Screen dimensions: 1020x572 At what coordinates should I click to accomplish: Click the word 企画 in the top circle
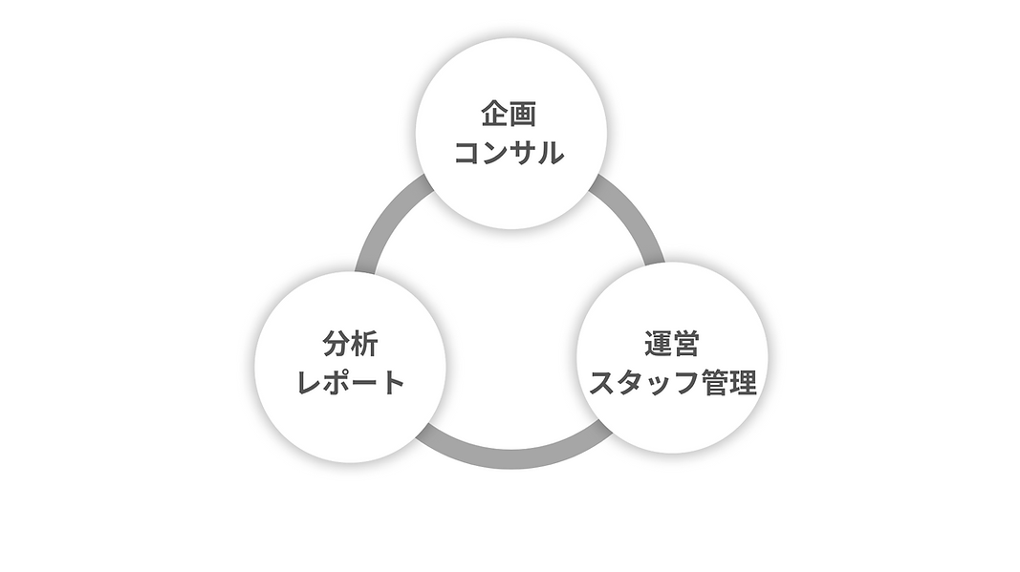click(x=509, y=116)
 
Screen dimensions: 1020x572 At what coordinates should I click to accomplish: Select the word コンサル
click(x=509, y=153)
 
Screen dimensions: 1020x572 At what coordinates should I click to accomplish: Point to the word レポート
click(x=351, y=383)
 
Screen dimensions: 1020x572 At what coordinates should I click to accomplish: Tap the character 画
click(x=523, y=116)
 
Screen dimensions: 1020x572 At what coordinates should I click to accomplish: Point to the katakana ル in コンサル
click(x=550, y=153)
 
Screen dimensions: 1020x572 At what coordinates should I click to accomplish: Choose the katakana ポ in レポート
click(x=337, y=383)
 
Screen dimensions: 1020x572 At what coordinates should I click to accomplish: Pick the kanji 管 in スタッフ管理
click(x=714, y=383)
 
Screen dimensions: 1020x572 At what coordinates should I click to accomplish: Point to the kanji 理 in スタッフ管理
click(x=743, y=383)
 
